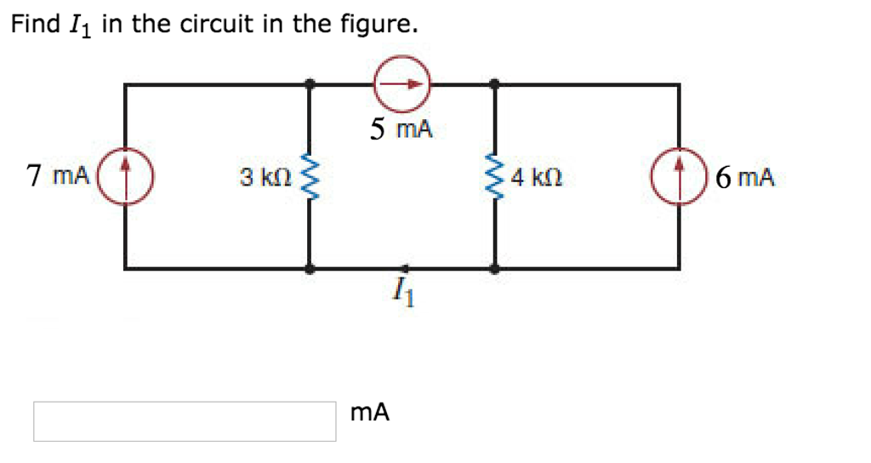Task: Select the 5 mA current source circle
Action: coord(403,84)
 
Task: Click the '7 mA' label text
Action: coord(58,177)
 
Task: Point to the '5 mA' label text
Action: coord(401,129)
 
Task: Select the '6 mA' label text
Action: coord(745,178)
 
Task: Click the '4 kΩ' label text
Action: coord(536,178)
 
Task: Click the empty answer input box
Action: coord(185,421)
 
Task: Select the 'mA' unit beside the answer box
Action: coord(370,413)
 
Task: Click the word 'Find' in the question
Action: coord(34,24)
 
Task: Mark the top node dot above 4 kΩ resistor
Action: coord(495,84)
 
